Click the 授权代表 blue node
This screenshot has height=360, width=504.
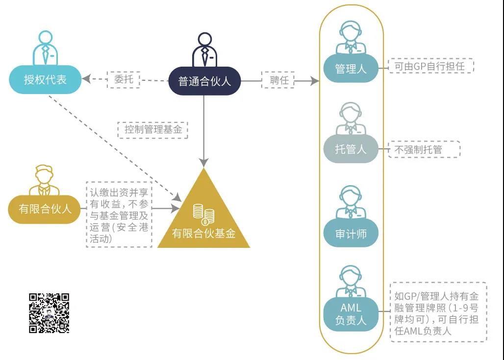[x=45, y=80]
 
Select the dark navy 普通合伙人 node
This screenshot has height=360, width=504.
[x=204, y=80]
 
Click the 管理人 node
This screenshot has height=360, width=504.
[x=351, y=69]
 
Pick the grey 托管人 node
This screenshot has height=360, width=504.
[x=351, y=149]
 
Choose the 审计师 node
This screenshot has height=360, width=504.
[x=351, y=234]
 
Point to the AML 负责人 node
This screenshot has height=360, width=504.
[x=351, y=314]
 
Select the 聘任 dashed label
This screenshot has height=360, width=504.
[x=279, y=80]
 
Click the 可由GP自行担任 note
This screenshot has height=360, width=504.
[x=431, y=66]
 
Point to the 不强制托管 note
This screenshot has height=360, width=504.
[x=425, y=149]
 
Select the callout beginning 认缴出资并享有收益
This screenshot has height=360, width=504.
[x=119, y=216]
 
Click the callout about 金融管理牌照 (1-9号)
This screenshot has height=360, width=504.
[x=438, y=312]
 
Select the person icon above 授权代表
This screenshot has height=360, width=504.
[x=45, y=48]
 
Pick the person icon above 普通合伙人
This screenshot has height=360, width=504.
[x=204, y=49]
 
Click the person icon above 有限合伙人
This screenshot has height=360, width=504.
[x=44, y=180]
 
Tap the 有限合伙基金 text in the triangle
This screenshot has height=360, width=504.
[x=203, y=234]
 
